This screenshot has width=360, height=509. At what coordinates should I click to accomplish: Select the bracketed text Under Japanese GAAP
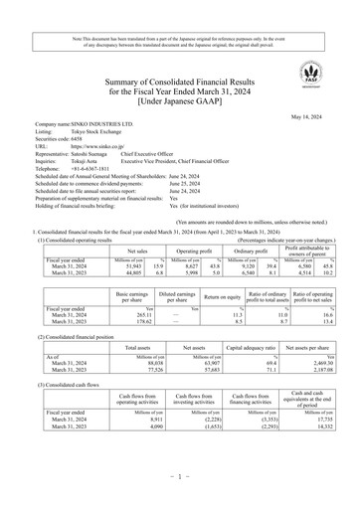click(180, 99)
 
